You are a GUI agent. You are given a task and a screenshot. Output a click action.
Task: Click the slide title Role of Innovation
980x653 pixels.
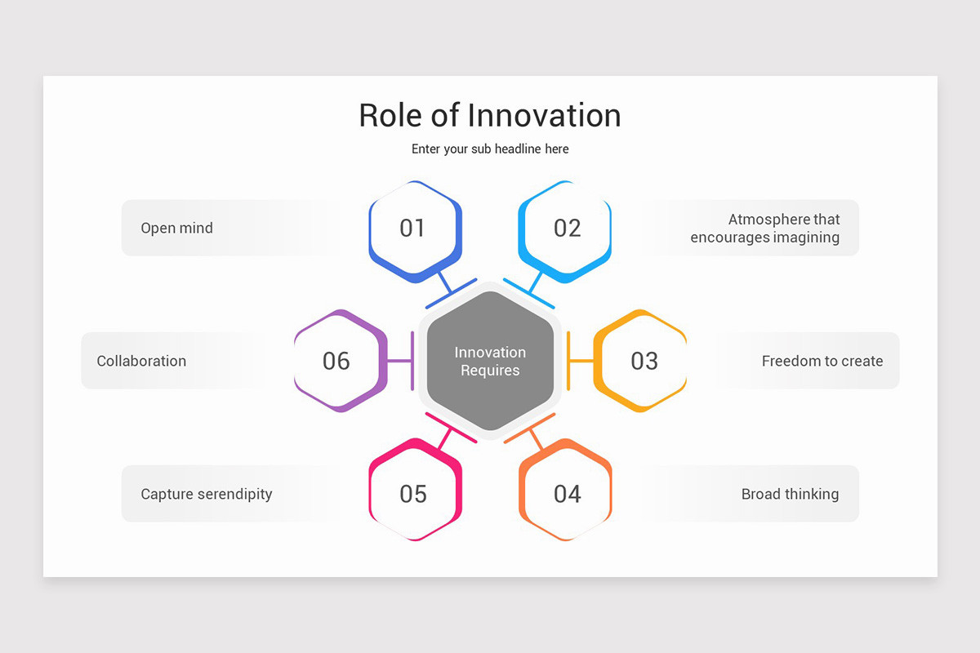click(x=490, y=115)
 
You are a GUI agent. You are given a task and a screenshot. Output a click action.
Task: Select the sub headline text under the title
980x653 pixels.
click(x=490, y=149)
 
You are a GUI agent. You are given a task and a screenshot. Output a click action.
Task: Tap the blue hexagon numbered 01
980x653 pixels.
click(x=414, y=229)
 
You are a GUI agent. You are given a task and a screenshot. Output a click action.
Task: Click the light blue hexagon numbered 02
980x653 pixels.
click(x=566, y=229)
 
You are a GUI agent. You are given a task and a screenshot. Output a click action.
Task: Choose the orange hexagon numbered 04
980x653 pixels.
click(x=566, y=493)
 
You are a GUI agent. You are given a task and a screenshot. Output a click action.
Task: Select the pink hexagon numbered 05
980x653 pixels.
click(x=414, y=493)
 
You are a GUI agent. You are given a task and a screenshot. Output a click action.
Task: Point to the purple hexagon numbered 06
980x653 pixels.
click(x=337, y=361)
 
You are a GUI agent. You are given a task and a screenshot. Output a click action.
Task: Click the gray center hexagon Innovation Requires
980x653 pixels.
click(x=490, y=361)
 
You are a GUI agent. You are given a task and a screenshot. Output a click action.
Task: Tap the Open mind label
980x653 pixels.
click(x=176, y=229)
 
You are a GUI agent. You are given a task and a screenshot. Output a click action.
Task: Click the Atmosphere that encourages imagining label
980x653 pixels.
click(x=765, y=229)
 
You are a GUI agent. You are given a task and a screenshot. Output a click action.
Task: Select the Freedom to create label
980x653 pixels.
click(x=822, y=361)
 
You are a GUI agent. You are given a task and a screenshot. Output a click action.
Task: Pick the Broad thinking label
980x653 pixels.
click(x=790, y=494)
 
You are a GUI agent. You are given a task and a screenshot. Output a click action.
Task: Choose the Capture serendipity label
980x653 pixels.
click(x=207, y=494)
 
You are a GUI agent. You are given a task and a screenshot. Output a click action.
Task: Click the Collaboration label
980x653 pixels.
click(x=141, y=361)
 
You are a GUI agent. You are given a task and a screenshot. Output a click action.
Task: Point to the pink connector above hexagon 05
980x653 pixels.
click(x=448, y=433)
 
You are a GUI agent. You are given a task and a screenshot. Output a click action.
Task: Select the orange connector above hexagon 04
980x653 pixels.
click(x=532, y=433)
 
